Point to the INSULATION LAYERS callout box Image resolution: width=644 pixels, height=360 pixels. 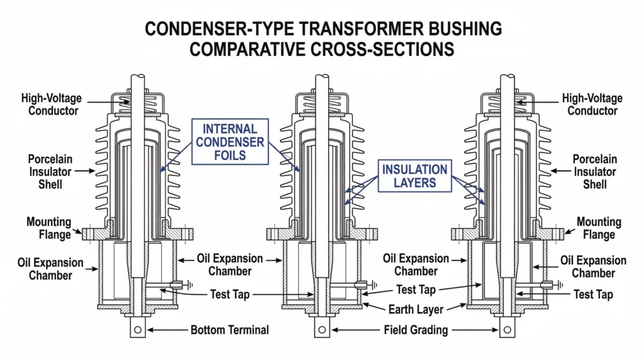tap(414, 176)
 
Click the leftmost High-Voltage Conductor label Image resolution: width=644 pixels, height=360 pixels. tap(50, 104)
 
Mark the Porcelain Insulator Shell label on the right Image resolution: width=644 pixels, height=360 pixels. tap(595, 171)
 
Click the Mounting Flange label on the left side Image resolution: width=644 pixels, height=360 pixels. tap(48, 228)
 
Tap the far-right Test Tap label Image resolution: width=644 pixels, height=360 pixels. tap(593, 294)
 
